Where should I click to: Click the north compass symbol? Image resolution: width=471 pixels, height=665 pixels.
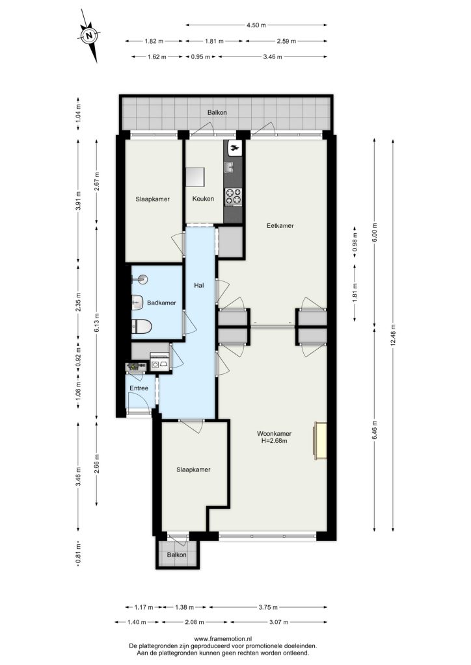click(x=88, y=36)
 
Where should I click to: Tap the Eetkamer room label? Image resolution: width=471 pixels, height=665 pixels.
click(x=280, y=225)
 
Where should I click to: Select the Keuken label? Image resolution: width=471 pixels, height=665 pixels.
click(x=203, y=199)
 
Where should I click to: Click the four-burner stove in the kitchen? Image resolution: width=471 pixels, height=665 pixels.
click(x=233, y=196)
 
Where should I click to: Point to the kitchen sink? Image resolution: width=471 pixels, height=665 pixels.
click(x=230, y=168)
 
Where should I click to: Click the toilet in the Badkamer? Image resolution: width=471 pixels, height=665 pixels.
click(x=142, y=327)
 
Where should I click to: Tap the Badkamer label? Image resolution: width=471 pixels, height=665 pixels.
click(x=161, y=303)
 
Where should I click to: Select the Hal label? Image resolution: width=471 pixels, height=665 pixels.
click(x=199, y=286)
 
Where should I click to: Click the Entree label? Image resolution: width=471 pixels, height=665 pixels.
click(x=139, y=388)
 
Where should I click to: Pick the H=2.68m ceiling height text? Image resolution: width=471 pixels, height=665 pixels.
click(x=275, y=441)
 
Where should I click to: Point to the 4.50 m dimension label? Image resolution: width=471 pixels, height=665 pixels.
click(x=256, y=25)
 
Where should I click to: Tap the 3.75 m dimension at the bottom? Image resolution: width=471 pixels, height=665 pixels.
click(x=268, y=607)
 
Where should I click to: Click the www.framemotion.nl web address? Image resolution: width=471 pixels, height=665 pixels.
click(x=223, y=639)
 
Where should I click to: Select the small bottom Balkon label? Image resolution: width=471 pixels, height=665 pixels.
click(x=176, y=555)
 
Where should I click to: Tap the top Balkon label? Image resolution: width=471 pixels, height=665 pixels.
click(x=217, y=112)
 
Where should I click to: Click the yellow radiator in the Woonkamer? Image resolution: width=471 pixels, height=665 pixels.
click(x=320, y=441)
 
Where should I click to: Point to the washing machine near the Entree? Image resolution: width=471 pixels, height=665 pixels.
click(x=155, y=364)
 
